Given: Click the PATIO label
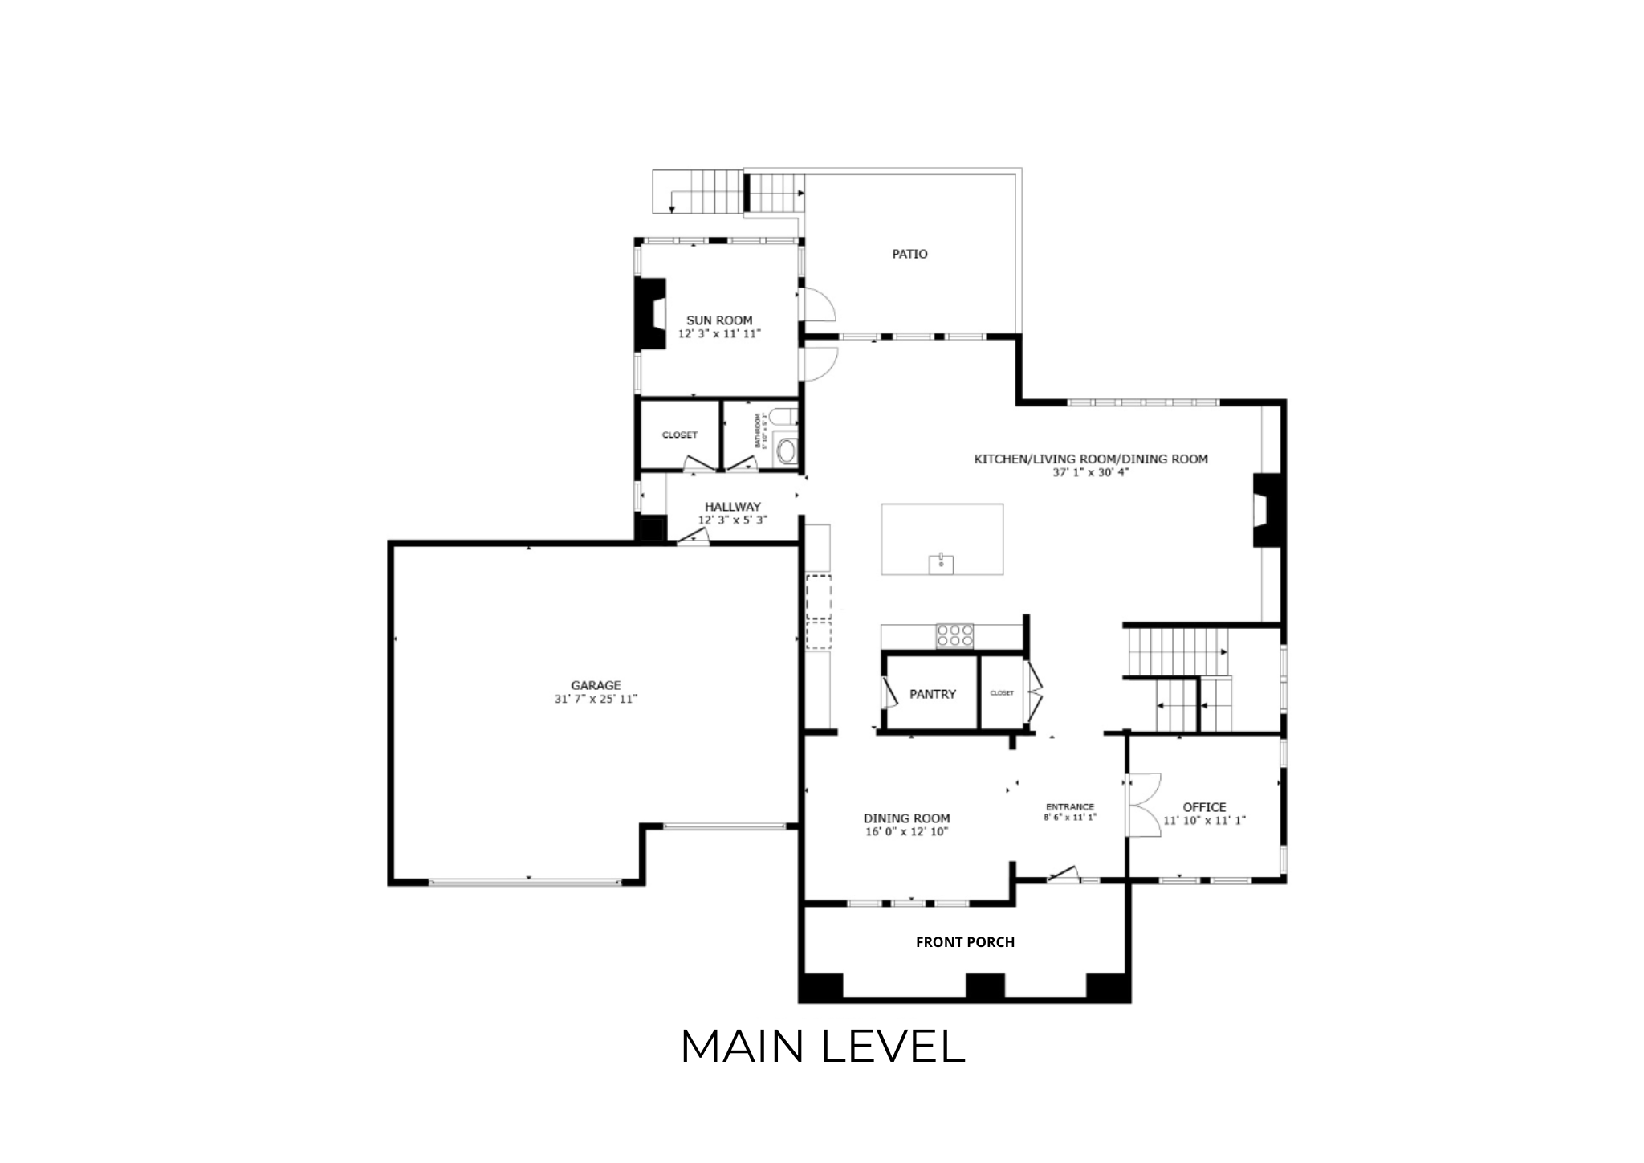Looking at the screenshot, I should coord(909,254).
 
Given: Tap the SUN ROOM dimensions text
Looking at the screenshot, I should coord(719,333).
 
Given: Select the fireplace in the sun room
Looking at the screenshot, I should coord(650,314).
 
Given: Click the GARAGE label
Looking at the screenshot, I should coord(596,685).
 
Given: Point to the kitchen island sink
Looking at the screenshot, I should coord(941,563).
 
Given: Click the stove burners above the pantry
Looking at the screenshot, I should coord(954,635).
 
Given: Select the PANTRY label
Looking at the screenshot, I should coord(932,694).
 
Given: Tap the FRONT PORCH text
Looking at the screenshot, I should coord(965,942).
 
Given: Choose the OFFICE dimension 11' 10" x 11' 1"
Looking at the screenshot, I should coord(1204,821).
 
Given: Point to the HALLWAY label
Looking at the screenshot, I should coord(732,507).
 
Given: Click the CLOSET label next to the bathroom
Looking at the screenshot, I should coord(679,435).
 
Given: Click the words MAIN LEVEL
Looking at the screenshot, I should coord(822,1047).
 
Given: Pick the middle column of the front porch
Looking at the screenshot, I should coord(985,985).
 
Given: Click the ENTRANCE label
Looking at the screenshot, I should coord(1069,807).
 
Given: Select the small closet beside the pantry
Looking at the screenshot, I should coord(1002,692).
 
